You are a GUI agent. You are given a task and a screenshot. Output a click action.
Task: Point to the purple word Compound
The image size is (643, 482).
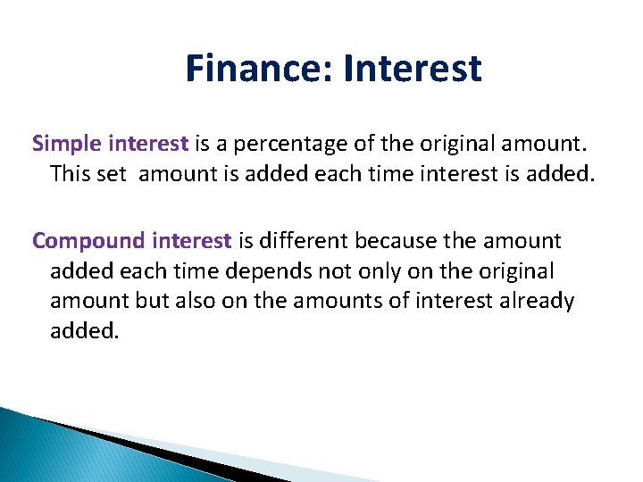coord(88,241)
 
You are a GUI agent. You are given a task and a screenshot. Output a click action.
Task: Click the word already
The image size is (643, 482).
coord(536,302)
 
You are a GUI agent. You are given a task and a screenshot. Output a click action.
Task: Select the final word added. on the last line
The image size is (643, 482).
coord(84,331)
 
